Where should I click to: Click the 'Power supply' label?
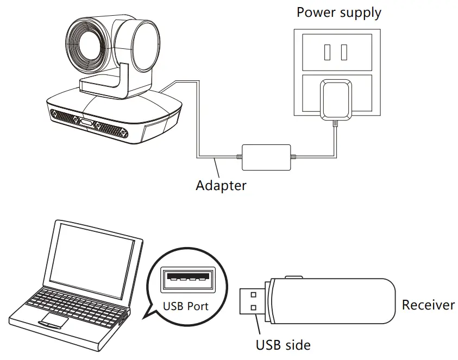point(338,12)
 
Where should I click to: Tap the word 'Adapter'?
point(221,185)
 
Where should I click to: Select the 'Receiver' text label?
point(428,305)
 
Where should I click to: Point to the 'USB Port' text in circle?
point(186,306)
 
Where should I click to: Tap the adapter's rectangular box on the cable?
point(267,157)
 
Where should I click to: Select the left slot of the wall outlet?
point(327,52)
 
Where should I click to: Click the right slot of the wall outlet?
point(344,52)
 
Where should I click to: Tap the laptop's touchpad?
point(53,320)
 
